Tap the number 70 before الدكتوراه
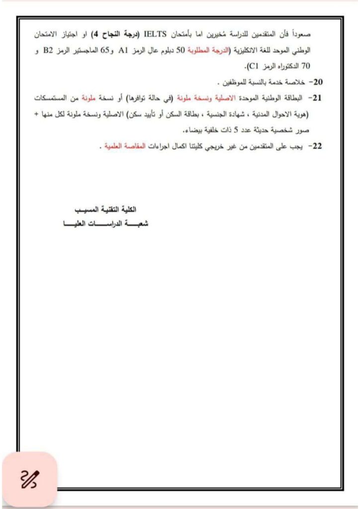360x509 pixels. tap(41, 65)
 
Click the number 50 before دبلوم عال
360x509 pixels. tap(181, 50)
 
